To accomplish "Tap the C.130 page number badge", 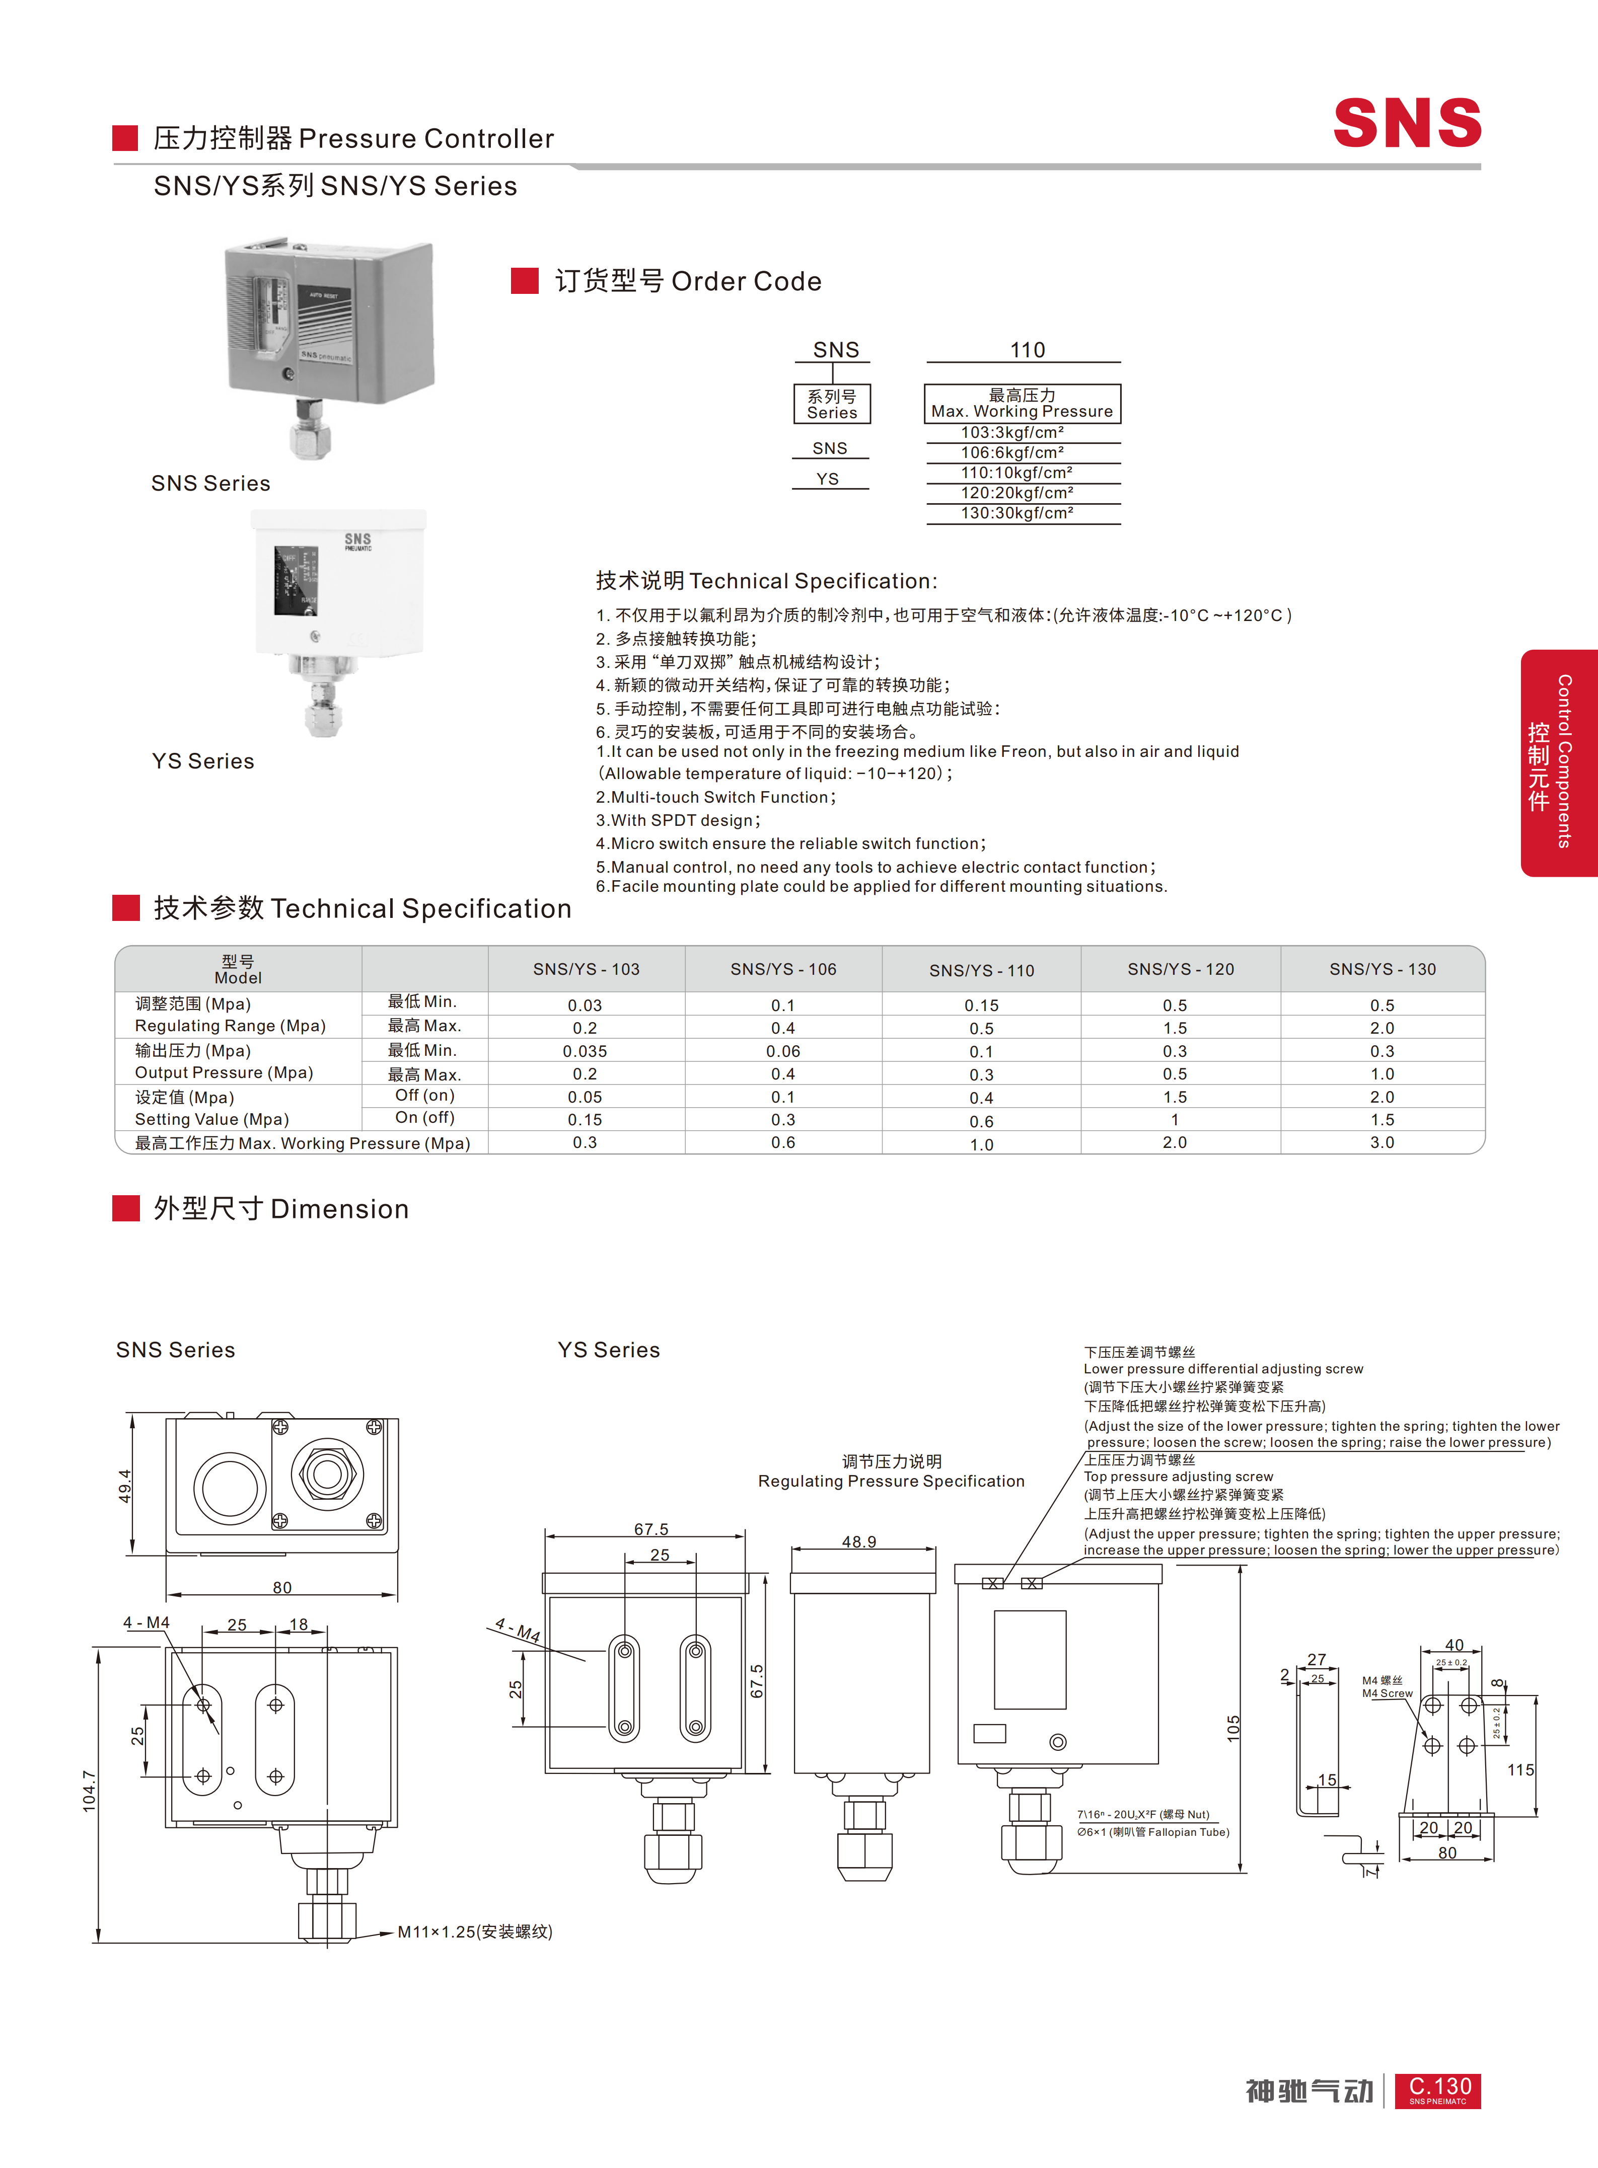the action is click(x=1438, y=2090).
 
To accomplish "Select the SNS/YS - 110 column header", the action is click(x=982, y=970).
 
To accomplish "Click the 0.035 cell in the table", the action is click(x=585, y=1051).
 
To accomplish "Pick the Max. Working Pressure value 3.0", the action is click(x=1383, y=1142).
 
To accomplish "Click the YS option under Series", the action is click(x=828, y=479).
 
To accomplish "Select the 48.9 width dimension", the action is click(x=859, y=1541).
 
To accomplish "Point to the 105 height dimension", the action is click(x=1233, y=1729).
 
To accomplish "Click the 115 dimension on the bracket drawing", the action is click(x=1520, y=1769).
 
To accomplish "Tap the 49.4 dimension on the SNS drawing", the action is click(x=125, y=1486).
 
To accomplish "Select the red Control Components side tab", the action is click(x=1558, y=763).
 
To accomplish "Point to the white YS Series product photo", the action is click(x=338, y=623).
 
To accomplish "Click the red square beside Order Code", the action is click(x=524, y=280).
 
